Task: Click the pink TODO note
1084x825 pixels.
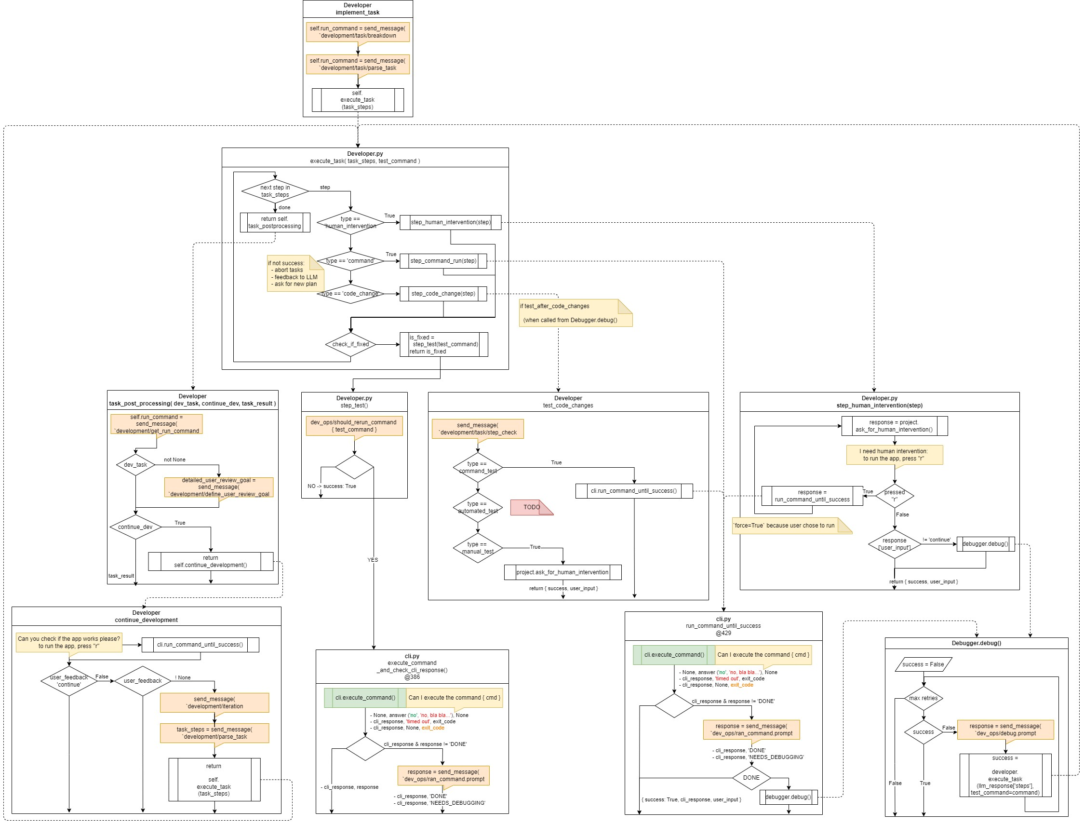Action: tap(531, 507)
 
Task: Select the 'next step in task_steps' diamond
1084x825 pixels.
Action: tap(275, 191)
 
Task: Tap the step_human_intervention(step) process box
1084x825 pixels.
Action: tap(450, 222)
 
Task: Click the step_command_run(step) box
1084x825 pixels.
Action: tap(443, 261)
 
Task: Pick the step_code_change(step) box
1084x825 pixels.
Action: tap(443, 294)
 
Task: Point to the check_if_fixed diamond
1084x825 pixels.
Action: tap(350, 344)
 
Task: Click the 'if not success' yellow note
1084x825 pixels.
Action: tap(294, 273)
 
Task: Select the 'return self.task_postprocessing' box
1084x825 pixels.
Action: tap(274, 222)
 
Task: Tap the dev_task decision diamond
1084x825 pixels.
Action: tap(135, 464)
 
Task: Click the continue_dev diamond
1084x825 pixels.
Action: tap(135, 527)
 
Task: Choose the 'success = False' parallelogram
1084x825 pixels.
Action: tap(923, 664)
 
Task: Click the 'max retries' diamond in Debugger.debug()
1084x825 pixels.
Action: tap(923, 698)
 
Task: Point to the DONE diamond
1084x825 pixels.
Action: tap(750, 778)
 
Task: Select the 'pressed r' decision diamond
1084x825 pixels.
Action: tap(895, 496)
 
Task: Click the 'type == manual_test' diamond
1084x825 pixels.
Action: tap(477, 548)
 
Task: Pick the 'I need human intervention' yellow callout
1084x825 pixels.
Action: tap(894, 455)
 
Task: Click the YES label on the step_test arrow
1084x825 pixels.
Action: tap(373, 560)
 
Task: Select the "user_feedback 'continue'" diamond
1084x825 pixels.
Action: tap(69, 681)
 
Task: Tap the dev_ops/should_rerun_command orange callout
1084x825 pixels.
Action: tap(353, 426)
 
